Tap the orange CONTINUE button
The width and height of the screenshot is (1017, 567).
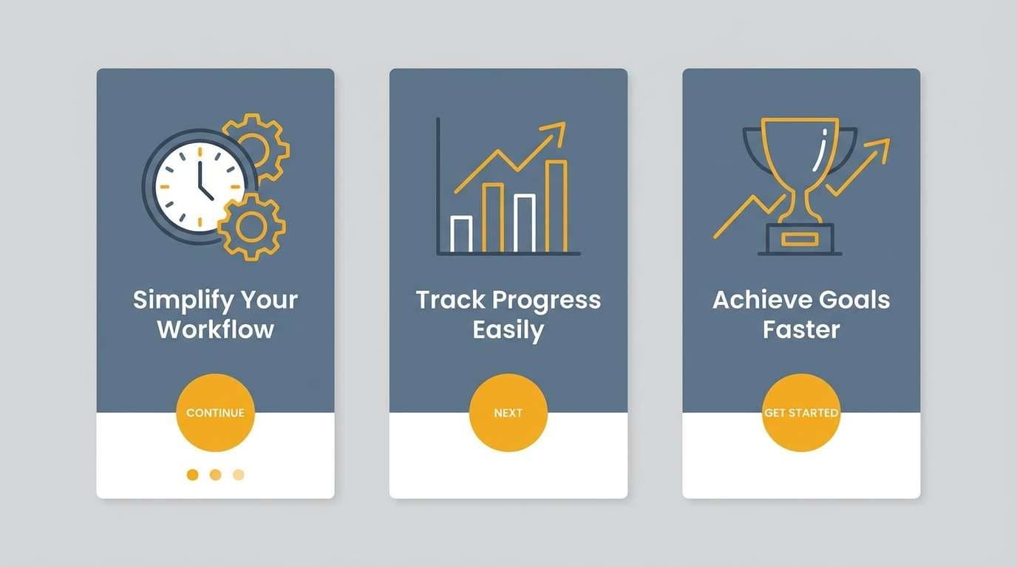coord(215,413)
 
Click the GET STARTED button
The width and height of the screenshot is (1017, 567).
coord(801,413)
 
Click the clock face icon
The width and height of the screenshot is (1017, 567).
coord(199,186)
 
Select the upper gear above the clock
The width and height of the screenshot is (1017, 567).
coord(256,146)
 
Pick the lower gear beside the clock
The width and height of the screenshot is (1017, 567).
coord(251,227)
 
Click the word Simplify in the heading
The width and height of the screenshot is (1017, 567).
coord(174,300)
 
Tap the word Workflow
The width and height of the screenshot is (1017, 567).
coord(215,329)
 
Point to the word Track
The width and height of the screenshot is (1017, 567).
coord(449,300)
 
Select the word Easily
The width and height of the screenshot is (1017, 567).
coord(508,330)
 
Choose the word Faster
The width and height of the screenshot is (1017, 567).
coord(801,329)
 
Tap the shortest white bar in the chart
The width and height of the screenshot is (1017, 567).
coord(461,234)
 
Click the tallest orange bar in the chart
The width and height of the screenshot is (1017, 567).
coord(556,206)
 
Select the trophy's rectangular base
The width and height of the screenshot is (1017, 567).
coord(800,238)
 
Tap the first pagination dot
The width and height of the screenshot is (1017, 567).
coord(192,475)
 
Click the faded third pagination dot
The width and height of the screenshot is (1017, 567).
coord(238,475)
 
